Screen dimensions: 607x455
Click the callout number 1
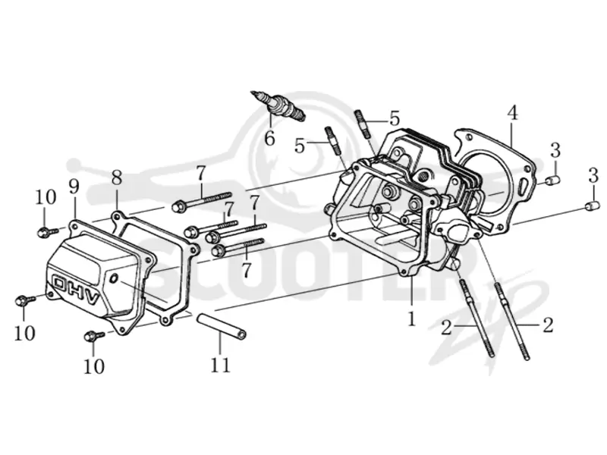(411, 318)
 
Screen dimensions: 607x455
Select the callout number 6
(269, 138)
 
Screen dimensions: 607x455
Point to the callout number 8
(117, 178)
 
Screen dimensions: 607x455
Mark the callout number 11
(220, 365)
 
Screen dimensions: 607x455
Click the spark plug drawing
(278, 105)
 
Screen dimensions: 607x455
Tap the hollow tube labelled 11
(222, 327)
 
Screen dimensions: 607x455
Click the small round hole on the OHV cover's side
(114, 278)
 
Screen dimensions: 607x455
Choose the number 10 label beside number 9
(46, 197)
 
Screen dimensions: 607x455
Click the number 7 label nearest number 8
(200, 174)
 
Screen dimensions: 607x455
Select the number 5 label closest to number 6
(300, 146)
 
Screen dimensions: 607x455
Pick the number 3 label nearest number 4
(555, 150)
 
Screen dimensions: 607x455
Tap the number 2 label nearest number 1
(446, 328)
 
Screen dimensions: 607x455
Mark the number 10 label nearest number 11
(94, 366)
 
